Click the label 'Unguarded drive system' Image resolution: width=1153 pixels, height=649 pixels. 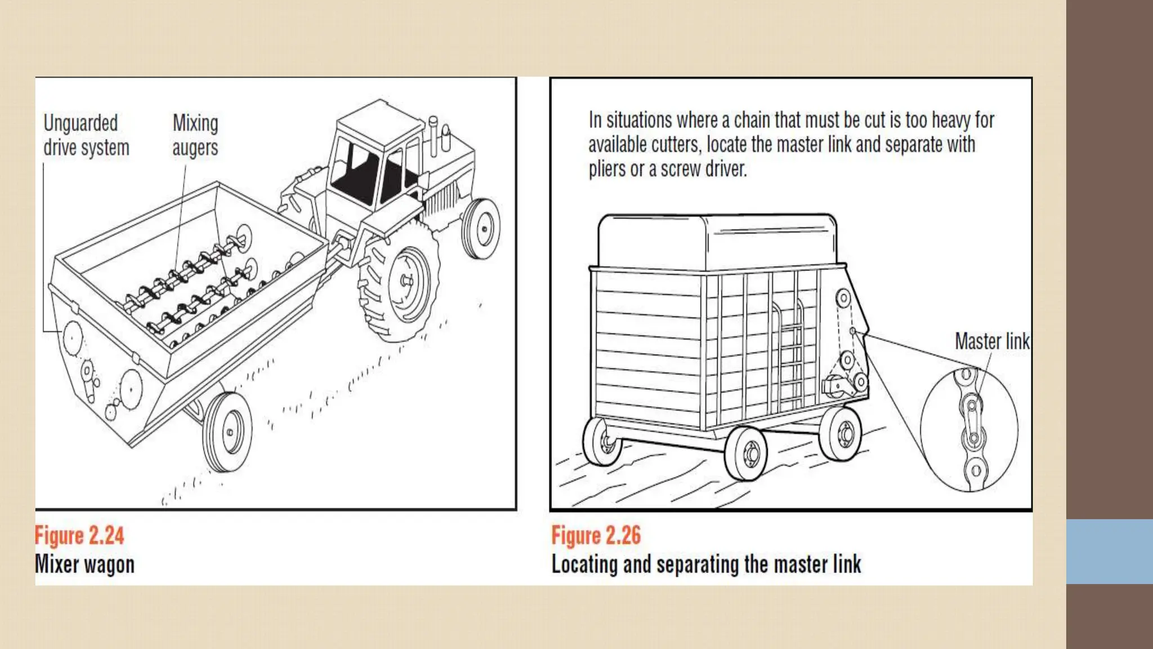click(86, 135)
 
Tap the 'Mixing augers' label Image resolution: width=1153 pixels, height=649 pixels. click(195, 135)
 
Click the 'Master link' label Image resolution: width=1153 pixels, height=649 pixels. click(992, 341)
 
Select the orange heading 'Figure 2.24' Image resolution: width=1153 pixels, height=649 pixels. click(79, 535)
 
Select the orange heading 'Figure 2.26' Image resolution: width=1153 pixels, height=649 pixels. click(596, 535)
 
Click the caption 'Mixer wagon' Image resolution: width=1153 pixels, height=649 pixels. click(84, 564)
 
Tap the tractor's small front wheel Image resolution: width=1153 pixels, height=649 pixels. click(481, 228)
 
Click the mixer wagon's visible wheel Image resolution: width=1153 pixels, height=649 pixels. click(227, 432)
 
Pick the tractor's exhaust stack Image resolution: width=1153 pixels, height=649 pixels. click(433, 135)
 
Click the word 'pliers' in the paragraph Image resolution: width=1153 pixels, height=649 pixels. click(607, 169)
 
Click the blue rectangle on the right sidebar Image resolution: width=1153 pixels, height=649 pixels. click(1109, 551)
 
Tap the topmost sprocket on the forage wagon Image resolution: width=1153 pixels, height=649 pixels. click(843, 298)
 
